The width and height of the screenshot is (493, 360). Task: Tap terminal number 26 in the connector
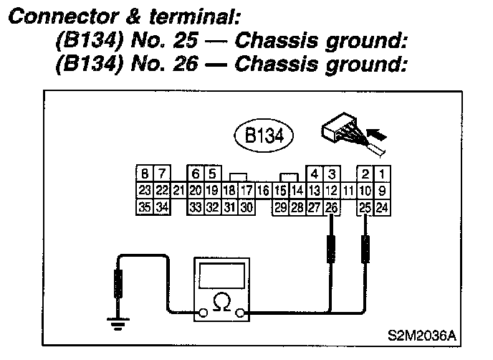tap(331, 207)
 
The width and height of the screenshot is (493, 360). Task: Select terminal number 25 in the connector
tap(365, 207)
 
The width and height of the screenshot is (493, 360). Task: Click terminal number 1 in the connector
tap(383, 174)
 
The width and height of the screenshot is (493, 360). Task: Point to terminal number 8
tap(145, 174)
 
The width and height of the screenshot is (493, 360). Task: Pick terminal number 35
tap(145, 207)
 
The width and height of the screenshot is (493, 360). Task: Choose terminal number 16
tap(263, 191)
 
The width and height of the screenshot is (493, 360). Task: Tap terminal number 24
tap(383, 207)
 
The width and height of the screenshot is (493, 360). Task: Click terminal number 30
tap(246, 207)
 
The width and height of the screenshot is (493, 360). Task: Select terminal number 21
tap(178, 191)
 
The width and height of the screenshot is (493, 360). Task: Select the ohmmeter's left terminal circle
tap(204, 313)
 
